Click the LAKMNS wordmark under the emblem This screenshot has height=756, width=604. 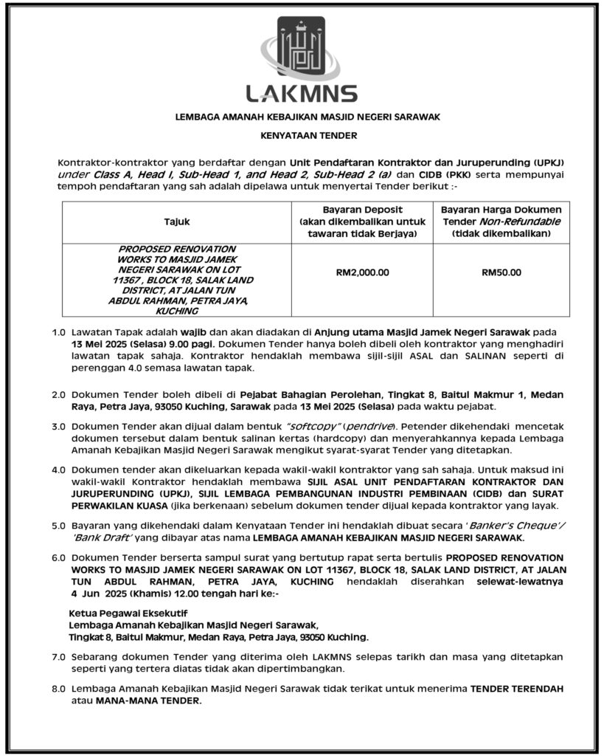click(x=302, y=94)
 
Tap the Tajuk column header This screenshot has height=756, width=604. click(x=177, y=221)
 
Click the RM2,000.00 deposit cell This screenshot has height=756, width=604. click(x=362, y=272)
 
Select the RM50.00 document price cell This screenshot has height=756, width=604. click(x=501, y=272)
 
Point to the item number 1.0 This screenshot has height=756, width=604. click(x=59, y=332)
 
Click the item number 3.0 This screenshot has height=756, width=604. click(x=59, y=427)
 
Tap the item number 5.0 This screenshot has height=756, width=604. click(x=59, y=527)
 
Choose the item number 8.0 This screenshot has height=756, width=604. click(x=59, y=689)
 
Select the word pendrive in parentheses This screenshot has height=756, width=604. click(x=372, y=427)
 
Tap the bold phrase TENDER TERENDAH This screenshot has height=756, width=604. click(x=517, y=689)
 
